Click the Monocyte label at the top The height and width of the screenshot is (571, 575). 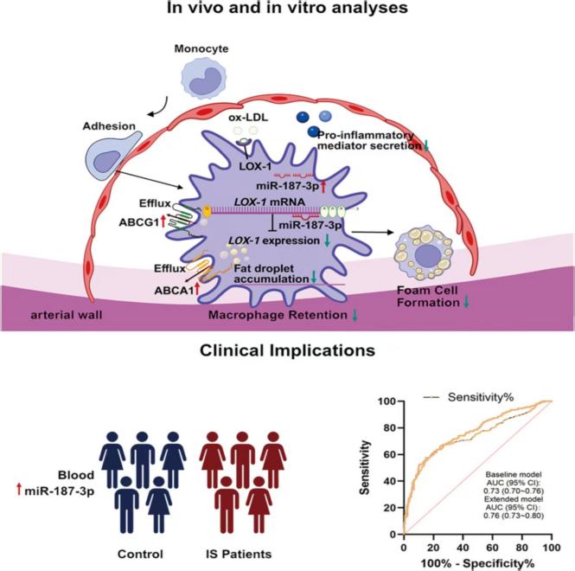201,48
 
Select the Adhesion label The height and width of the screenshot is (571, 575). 109,126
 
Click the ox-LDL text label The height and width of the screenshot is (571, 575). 248,118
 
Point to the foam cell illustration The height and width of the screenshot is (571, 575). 424,252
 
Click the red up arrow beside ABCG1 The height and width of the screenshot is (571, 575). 163,221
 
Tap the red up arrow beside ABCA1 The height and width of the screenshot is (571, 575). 197,289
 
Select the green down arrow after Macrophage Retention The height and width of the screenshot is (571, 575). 355,315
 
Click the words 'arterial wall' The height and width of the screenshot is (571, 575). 67,315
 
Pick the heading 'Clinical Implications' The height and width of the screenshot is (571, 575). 287,350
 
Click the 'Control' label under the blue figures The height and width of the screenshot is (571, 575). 140,554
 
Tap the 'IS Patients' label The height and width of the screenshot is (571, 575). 239,554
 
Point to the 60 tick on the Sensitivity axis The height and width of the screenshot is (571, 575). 391,454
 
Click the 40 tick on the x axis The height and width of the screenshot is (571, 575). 463,548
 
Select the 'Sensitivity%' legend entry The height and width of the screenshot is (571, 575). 469,397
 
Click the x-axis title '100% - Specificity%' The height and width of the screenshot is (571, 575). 478,563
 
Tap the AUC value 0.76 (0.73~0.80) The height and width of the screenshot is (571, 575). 514,516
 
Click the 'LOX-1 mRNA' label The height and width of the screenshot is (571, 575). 270,202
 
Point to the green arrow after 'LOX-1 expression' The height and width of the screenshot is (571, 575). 328,241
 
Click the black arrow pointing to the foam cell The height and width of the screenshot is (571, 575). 372,232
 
